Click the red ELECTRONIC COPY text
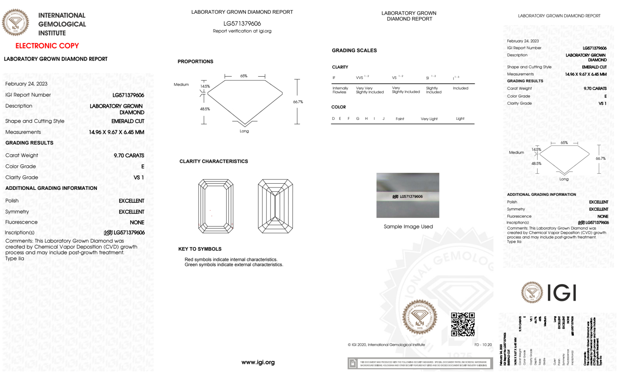click(47, 46)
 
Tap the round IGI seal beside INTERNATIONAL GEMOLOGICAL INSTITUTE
click(15, 23)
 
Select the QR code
click(463, 324)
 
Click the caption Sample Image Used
click(408, 226)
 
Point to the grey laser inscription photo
click(408, 195)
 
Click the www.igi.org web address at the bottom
click(258, 362)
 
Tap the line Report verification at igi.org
click(242, 31)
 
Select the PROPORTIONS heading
click(195, 62)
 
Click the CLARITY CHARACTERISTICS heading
click(214, 161)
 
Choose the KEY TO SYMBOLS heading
click(200, 249)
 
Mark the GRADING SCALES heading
click(354, 50)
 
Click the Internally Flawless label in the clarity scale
click(340, 90)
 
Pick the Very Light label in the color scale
click(429, 119)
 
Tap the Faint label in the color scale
click(400, 119)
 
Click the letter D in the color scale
click(333, 119)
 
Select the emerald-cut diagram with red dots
click(216, 206)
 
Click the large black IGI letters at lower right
click(562, 293)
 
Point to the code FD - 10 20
click(483, 345)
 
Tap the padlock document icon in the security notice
click(353, 363)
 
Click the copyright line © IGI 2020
click(386, 345)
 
